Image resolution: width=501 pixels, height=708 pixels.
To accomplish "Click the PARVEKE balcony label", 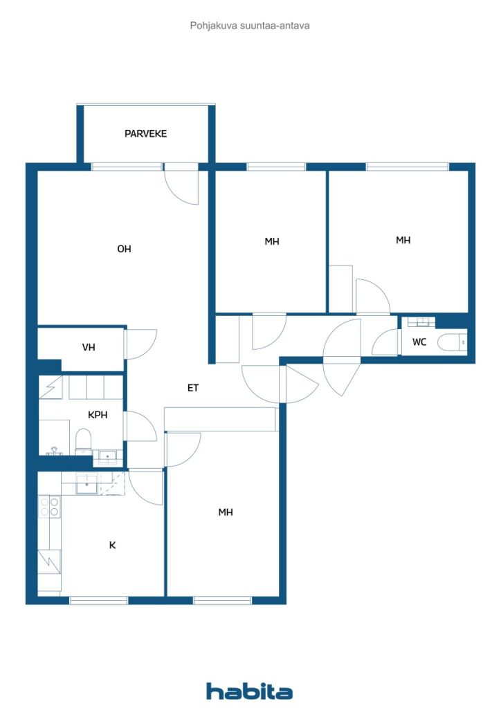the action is [145, 133].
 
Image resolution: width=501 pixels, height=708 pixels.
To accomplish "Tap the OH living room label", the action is [124, 249].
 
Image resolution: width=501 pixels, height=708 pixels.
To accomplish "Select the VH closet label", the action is [89, 347].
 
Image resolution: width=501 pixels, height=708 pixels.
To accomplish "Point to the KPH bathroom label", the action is [98, 415].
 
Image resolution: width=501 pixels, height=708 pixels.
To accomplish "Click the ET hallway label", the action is [193, 388].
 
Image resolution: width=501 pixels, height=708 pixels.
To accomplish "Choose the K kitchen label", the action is [113, 546].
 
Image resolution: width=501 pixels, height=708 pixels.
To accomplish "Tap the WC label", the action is [419, 342].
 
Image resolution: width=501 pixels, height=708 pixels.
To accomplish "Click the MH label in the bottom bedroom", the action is [226, 512].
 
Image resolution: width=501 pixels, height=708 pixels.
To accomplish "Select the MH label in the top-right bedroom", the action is [403, 240].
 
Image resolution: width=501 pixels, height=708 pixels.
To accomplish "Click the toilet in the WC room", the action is [452, 342].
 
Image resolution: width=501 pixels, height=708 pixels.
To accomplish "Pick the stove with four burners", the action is [49, 506].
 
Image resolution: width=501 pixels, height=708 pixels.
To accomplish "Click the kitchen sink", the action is [86, 485].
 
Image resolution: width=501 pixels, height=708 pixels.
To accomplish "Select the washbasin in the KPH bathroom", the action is [107, 458].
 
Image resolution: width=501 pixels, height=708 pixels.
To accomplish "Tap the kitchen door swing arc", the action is [145, 490].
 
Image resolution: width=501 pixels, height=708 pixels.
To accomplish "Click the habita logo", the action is [249, 691].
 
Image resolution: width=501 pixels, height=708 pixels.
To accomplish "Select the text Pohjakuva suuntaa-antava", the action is [250, 26].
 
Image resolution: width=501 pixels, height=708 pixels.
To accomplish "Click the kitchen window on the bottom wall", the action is [99, 601].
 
